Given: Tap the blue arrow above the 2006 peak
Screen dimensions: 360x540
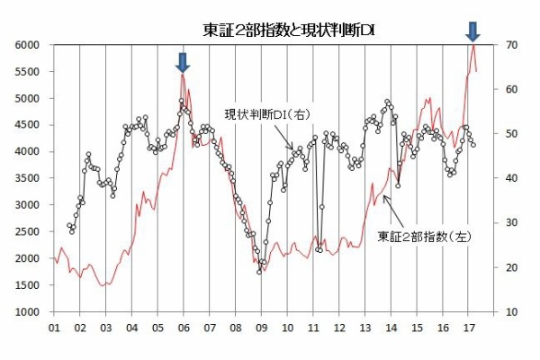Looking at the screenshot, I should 183,62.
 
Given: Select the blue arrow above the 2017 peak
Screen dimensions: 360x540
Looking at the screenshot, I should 473,31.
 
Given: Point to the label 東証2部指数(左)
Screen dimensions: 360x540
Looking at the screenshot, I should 426,237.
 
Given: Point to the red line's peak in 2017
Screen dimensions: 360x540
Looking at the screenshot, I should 473,45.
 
